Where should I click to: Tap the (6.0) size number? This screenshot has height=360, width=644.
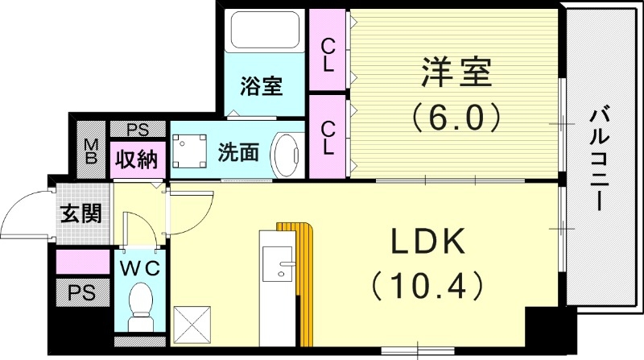(x=456, y=118)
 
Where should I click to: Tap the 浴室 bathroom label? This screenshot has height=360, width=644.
(x=261, y=86)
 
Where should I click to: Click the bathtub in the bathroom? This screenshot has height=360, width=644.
(x=265, y=33)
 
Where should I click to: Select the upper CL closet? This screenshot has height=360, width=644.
(x=328, y=52)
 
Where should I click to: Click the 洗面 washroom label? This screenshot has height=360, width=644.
(x=238, y=151)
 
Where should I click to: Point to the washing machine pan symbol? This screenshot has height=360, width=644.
(x=192, y=150)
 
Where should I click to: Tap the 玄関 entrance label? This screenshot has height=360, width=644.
(x=80, y=214)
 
